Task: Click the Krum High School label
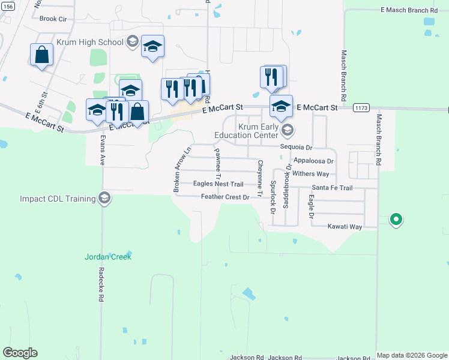pos(89,42)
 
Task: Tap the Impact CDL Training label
pos(58,199)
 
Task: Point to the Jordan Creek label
pos(107,257)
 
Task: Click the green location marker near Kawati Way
pos(396,220)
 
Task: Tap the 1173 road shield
pos(361,108)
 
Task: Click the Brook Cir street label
pos(53,19)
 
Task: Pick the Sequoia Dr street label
pos(297,147)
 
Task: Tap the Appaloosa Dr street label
pos(313,161)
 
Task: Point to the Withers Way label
pos(311,174)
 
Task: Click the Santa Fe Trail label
pos(331,188)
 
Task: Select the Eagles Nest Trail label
pos(218,184)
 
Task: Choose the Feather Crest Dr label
pos(225,197)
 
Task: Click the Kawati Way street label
pos(345,227)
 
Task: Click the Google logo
pos(20,353)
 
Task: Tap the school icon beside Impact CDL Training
pos(105,199)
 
